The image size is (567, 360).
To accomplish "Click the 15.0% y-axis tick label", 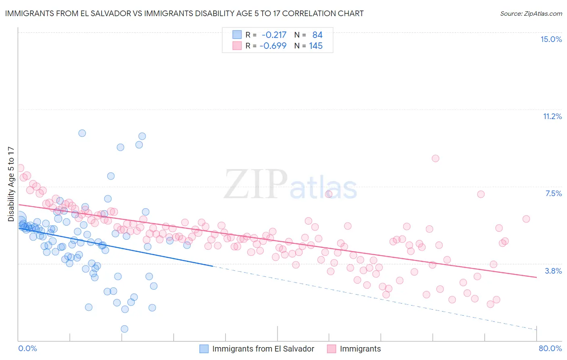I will pyautogui.click(x=551, y=39).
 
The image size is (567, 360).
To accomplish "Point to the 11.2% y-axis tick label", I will pyautogui.click(x=552, y=116).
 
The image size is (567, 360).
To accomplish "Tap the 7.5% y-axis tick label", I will pyautogui.click(x=553, y=193).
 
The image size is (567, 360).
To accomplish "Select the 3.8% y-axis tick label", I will pyautogui.click(x=553, y=271).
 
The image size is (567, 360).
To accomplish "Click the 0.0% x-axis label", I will pyautogui.click(x=28, y=348).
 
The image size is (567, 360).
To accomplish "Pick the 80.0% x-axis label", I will pyautogui.click(x=550, y=348).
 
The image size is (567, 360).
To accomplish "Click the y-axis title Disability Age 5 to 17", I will pyautogui.click(x=11, y=184).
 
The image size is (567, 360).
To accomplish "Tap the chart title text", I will pyautogui.click(x=184, y=13).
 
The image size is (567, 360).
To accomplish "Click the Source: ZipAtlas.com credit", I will pyautogui.click(x=531, y=13).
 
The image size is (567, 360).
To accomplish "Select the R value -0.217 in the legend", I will pyautogui.click(x=274, y=35).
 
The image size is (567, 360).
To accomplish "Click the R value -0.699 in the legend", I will pyautogui.click(x=273, y=46).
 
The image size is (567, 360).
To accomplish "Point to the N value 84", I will pyautogui.click(x=317, y=35).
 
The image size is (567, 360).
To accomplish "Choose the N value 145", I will pyautogui.click(x=316, y=46).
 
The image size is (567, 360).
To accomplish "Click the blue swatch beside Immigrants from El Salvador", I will pyautogui.click(x=204, y=349).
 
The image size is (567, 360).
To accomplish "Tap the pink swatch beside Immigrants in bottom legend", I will pyautogui.click(x=331, y=349).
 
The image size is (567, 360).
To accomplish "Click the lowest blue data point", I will pyautogui.click(x=124, y=329).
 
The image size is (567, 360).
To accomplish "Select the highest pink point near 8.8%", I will pyautogui.click(x=435, y=158).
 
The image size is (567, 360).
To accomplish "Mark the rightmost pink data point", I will pyautogui.click(x=526, y=219).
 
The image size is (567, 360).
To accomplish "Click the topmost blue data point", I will pyautogui.click(x=82, y=133).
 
